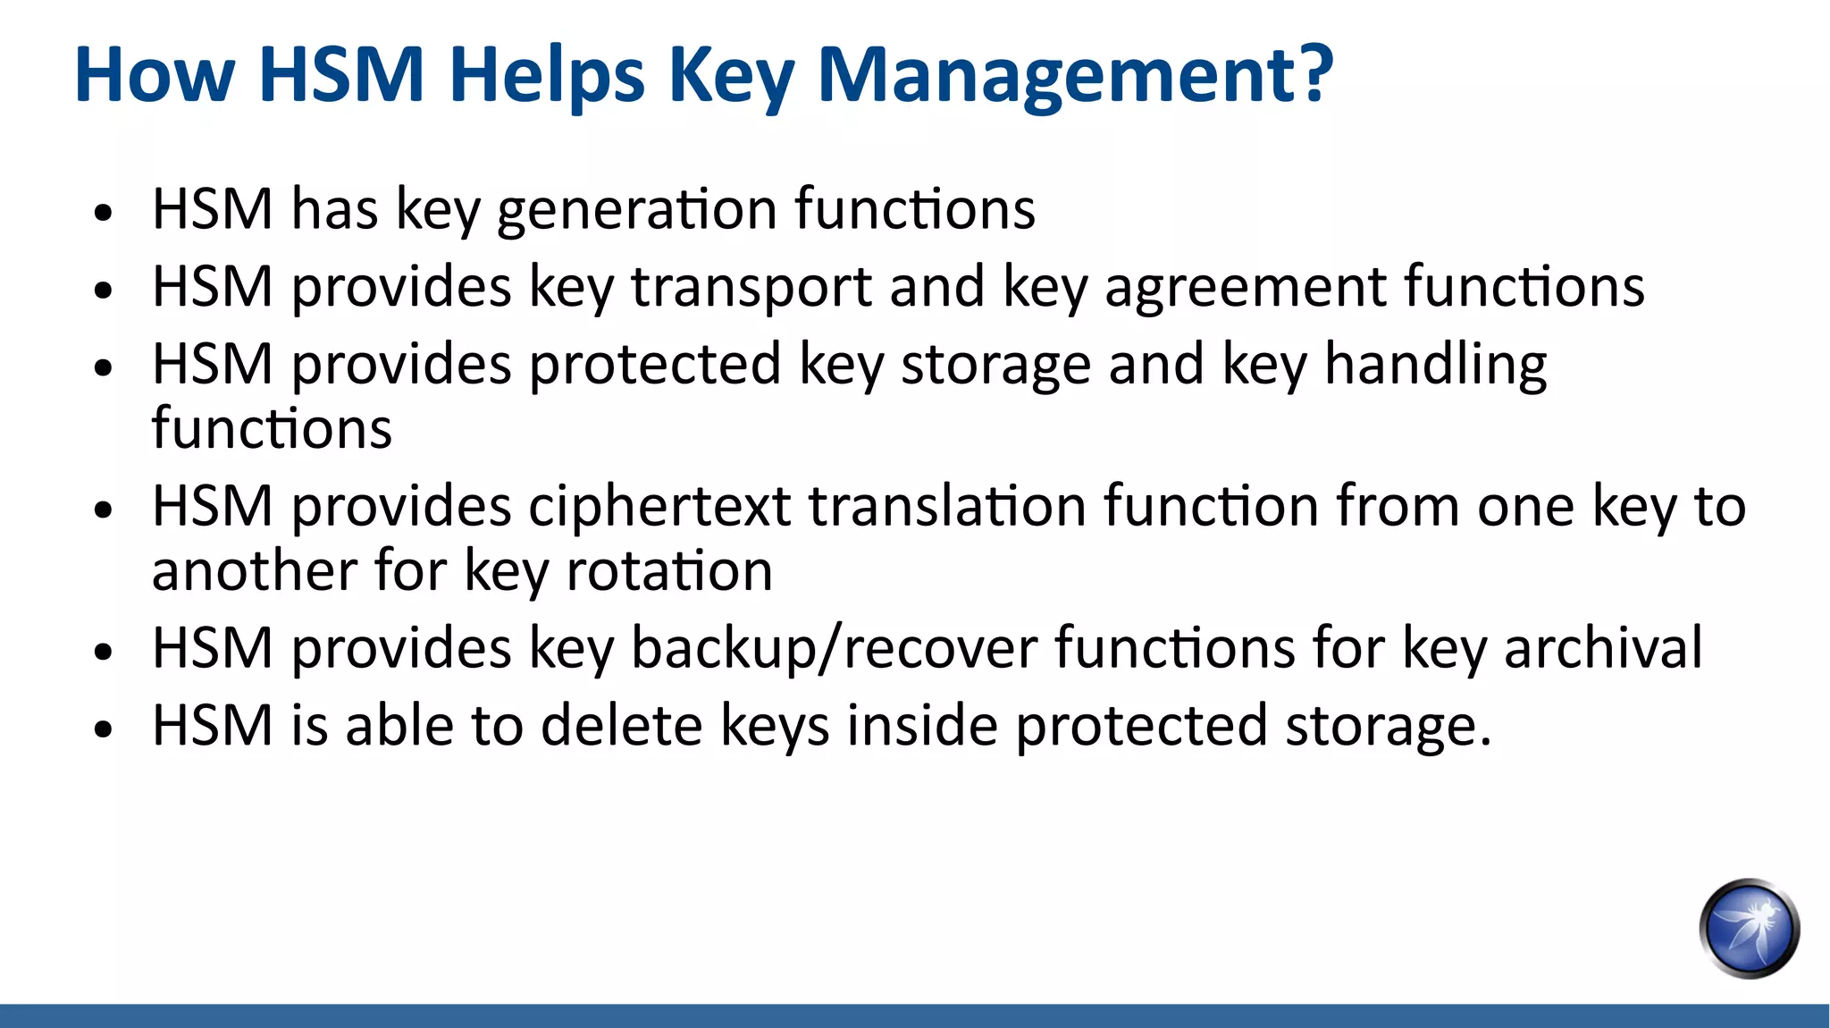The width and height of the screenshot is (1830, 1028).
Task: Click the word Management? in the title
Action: click(x=1075, y=75)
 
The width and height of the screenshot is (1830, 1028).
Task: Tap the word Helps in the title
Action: click(x=546, y=75)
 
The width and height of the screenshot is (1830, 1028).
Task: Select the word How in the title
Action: click(x=155, y=75)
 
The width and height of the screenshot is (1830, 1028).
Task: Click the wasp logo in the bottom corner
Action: click(x=1749, y=928)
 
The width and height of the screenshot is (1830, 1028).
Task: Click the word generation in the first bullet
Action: click(x=636, y=210)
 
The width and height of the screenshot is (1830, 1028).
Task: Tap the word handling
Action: click(x=1435, y=366)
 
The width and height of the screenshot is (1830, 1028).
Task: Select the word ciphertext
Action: click(x=659, y=507)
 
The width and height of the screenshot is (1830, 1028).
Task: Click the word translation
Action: click(x=947, y=506)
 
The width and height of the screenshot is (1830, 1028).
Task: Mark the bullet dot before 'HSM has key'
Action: click(x=105, y=214)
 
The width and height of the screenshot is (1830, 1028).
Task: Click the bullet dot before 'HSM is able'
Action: click(x=105, y=729)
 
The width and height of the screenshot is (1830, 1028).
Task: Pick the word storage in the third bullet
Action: click(x=995, y=366)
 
